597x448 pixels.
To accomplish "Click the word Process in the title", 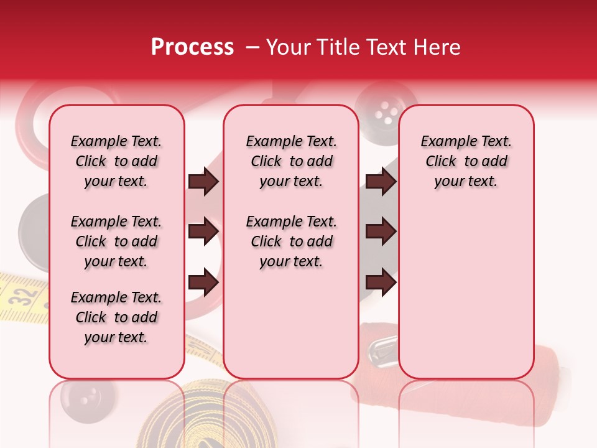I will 192,47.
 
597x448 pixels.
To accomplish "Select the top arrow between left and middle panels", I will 203,182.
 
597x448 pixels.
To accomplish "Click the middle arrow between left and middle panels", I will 203,231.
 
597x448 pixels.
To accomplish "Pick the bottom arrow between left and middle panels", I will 203,282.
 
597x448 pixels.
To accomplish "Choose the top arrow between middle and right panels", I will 381,182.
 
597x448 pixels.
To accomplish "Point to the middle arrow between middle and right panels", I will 381,231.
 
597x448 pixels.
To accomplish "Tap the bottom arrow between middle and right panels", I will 381,282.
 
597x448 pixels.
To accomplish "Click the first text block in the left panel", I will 116,161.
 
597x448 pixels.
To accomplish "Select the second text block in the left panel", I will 116,241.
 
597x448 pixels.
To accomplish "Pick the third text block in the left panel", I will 116,317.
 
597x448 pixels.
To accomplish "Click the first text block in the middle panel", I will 291,161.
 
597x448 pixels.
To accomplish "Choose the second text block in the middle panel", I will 291,241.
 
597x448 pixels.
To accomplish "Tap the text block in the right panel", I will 466,161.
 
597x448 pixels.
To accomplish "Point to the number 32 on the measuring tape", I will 24,296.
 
